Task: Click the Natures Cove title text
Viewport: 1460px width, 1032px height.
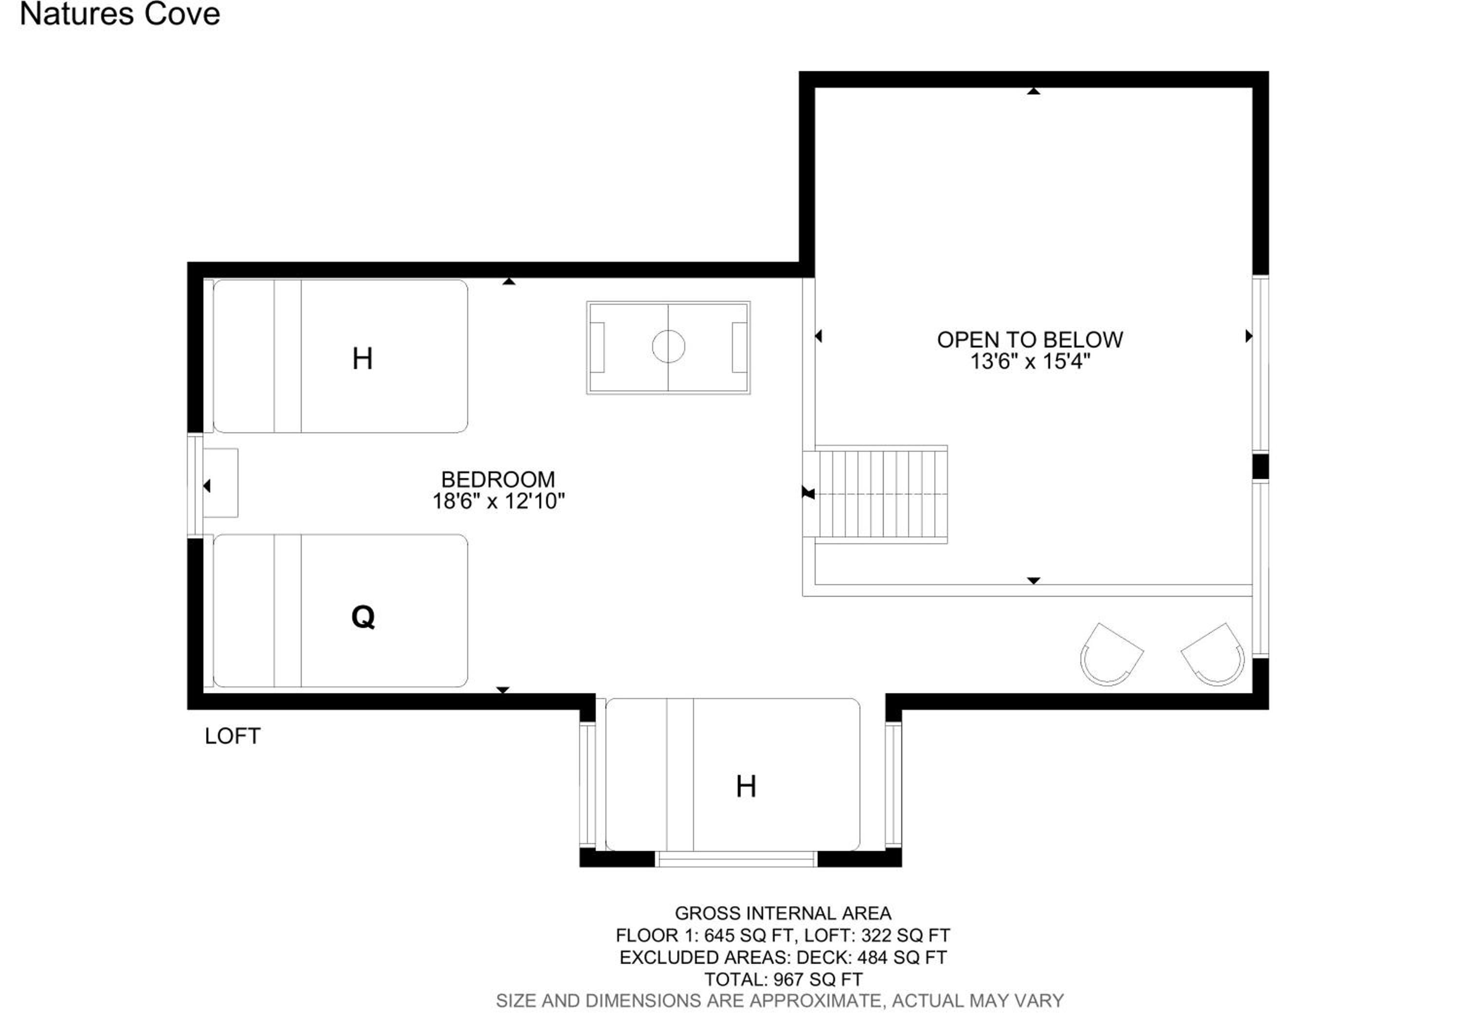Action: point(120,15)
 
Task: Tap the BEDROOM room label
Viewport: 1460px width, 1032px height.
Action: point(498,479)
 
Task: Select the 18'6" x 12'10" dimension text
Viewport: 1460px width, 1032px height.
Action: point(498,502)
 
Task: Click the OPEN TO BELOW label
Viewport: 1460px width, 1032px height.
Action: point(1030,340)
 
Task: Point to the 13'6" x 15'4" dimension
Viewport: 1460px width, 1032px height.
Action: point(1030,362)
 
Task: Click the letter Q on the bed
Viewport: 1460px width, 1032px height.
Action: point(363,616)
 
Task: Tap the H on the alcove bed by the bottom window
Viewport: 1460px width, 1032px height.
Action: point(746,787)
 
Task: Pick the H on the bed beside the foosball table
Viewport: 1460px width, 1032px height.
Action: point(363,359)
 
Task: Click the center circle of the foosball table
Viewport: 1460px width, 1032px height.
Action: point(668,347)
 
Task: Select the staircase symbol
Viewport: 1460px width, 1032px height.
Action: point(875,494)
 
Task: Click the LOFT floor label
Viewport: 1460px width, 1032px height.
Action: point(232,737)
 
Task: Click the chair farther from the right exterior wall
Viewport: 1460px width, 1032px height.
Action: point(1111,654)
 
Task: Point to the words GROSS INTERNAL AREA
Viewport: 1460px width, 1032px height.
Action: point(783,913)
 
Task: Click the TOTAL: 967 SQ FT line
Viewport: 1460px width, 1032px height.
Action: point(783,979)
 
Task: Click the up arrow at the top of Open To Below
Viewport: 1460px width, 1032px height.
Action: point(1033,91)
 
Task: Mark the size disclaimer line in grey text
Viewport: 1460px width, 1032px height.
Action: point(780,1001)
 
